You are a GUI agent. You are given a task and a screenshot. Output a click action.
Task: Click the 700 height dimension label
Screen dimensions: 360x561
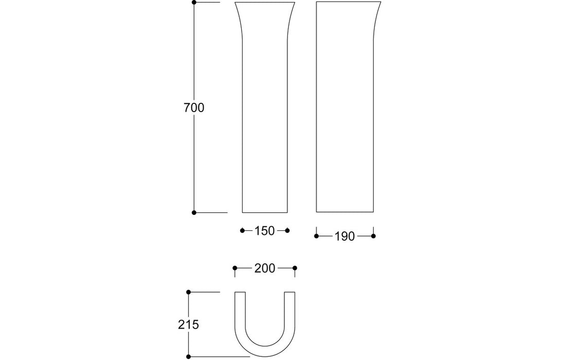pos(194,108)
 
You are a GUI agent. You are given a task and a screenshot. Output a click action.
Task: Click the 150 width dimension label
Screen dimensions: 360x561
pos(264,231)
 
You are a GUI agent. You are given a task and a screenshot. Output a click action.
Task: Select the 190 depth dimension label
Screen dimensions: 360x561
pos(345,237)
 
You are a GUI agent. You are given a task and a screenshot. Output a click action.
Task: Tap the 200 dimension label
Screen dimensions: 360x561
pos(264,268)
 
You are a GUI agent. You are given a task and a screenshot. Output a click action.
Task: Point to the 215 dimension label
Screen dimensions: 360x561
pos(189,325)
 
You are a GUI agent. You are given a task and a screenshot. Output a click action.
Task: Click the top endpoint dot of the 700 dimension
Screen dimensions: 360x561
pos(194,3)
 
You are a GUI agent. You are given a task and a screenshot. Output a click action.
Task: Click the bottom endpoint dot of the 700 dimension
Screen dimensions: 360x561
pos(194,212)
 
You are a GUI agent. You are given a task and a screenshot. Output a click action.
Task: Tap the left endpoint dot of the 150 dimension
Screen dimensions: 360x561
pos(242,230)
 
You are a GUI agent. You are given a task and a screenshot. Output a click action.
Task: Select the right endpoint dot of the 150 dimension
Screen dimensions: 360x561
pos(287,230)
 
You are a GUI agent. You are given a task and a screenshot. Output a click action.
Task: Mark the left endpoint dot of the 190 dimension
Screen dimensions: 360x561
pos(316,236)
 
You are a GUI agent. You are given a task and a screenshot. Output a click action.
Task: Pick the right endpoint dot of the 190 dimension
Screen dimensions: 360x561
pos(373,236)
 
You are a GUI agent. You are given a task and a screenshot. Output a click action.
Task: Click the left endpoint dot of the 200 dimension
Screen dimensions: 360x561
pos(235,267)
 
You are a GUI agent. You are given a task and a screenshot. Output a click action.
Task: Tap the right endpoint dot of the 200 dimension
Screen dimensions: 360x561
pos(295,267)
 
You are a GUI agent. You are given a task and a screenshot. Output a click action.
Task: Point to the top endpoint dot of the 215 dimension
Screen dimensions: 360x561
pos(189,292)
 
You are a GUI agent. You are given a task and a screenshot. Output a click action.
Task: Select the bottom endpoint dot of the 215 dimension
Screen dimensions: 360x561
pos(189,356)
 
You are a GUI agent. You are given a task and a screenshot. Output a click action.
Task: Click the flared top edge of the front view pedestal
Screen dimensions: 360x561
pos(265,3)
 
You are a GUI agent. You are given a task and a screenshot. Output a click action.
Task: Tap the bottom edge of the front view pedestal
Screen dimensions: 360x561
pos(265,212)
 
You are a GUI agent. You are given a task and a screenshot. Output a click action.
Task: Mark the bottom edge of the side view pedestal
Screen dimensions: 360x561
pos(345,212)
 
